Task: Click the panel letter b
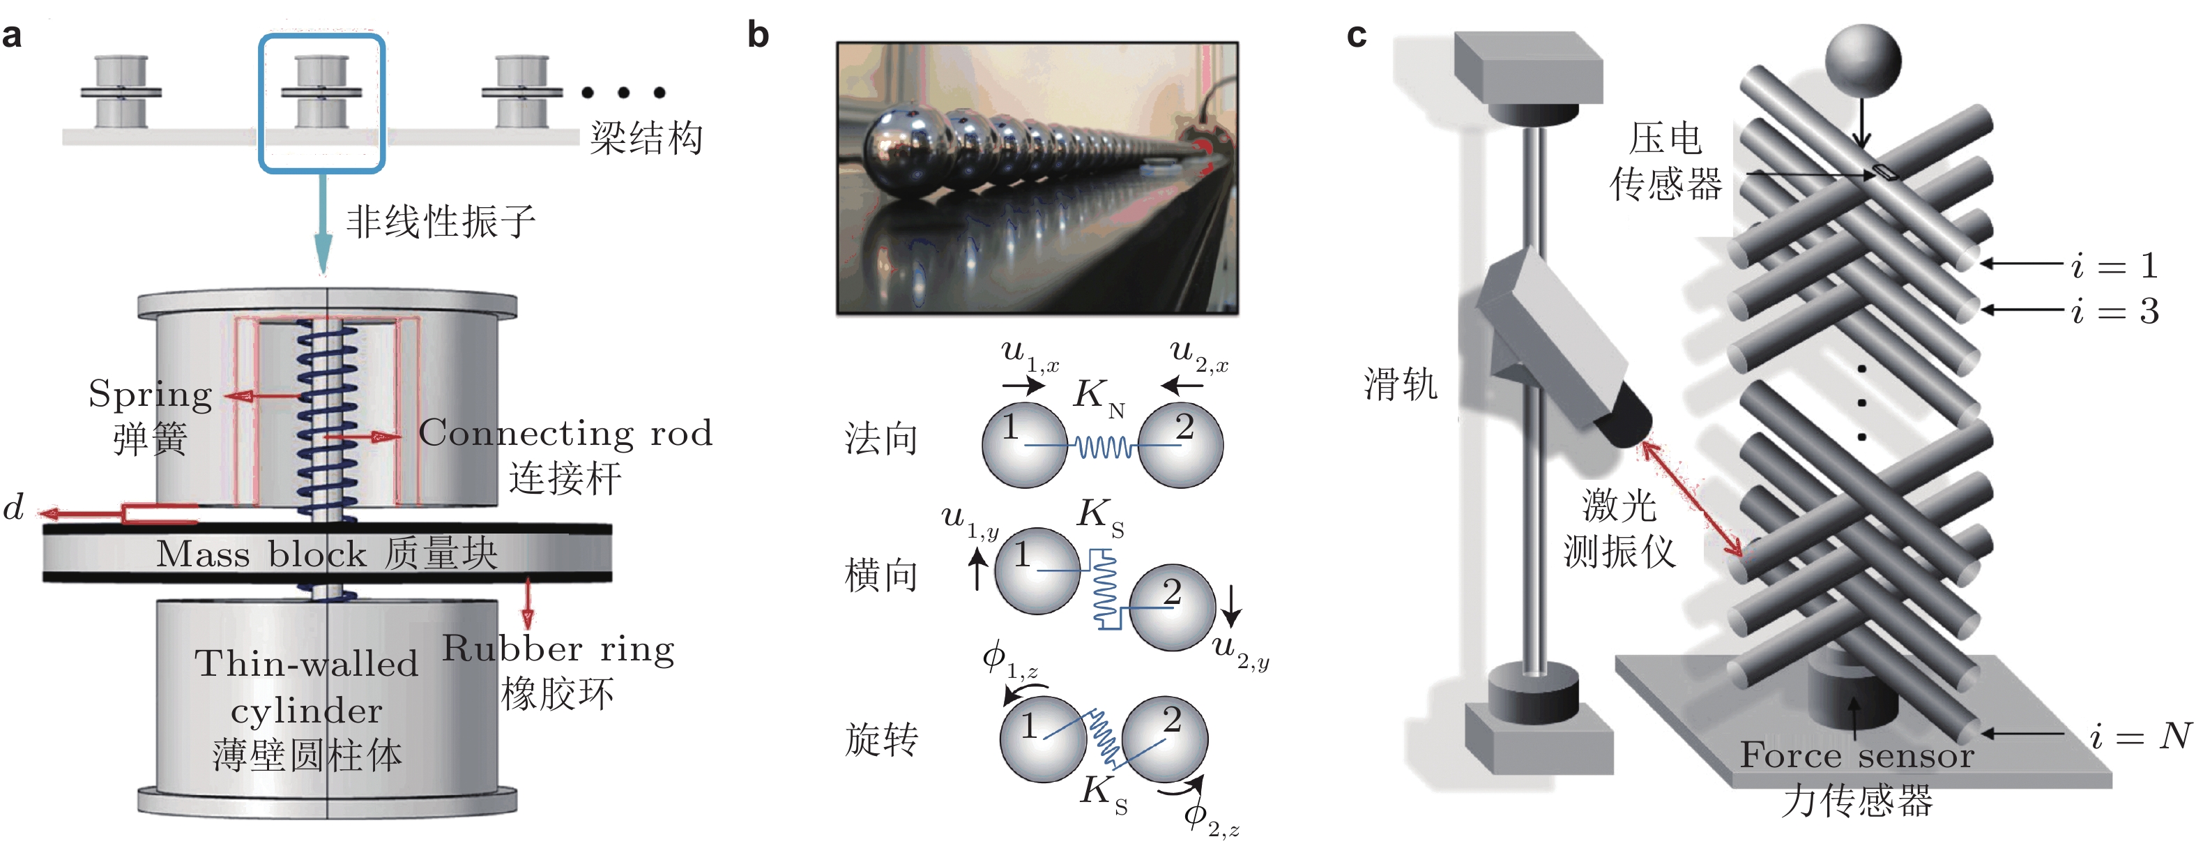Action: pos(758,36)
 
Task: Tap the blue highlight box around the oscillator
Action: pos(321,38)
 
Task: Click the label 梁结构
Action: pos(646,137)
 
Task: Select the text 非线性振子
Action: pos(440,222)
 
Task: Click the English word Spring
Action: pos(150,395)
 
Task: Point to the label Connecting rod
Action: pos(565,433)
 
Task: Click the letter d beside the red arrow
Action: pos(14,508)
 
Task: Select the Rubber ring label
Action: pos(558,650)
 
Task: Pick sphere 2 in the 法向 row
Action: pos(1181,444)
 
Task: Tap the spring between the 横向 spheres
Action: pos(1105,589)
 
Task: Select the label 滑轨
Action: pos(1400,384)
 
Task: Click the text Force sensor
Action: pos(1856,755)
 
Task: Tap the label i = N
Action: pos(2140,735)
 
